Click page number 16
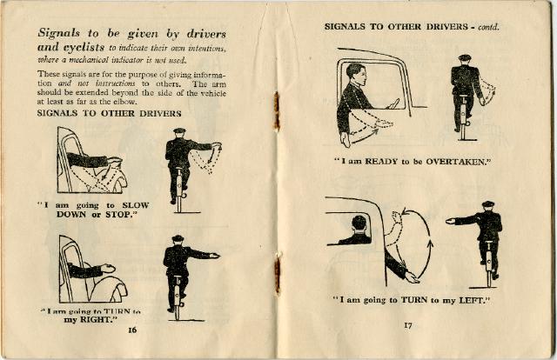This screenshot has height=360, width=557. click(x=132, y=330)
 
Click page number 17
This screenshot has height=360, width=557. click(x=408, y=325)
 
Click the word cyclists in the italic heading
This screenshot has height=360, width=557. click(x=84, y=47)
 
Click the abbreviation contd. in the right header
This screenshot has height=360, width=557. click(x=488, y=27)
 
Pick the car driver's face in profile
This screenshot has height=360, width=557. click(x=359, y=76)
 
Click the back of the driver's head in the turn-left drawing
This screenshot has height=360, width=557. click(x=359, y=223)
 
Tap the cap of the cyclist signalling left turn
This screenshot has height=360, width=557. click(x=488, y=204)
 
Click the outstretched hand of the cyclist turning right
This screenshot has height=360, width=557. click(x=214, y=256)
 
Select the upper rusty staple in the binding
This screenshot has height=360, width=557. click(x=277, y=110)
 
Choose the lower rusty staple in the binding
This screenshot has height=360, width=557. click(x=278, y=273)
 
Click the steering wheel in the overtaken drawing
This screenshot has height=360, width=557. click(x=393, y=103)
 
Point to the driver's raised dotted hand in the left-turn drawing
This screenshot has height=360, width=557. click(x=396, y=217)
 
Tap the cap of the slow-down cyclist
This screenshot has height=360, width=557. click(x=179, y=130)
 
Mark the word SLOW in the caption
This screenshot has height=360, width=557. click(x=136, y=205)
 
